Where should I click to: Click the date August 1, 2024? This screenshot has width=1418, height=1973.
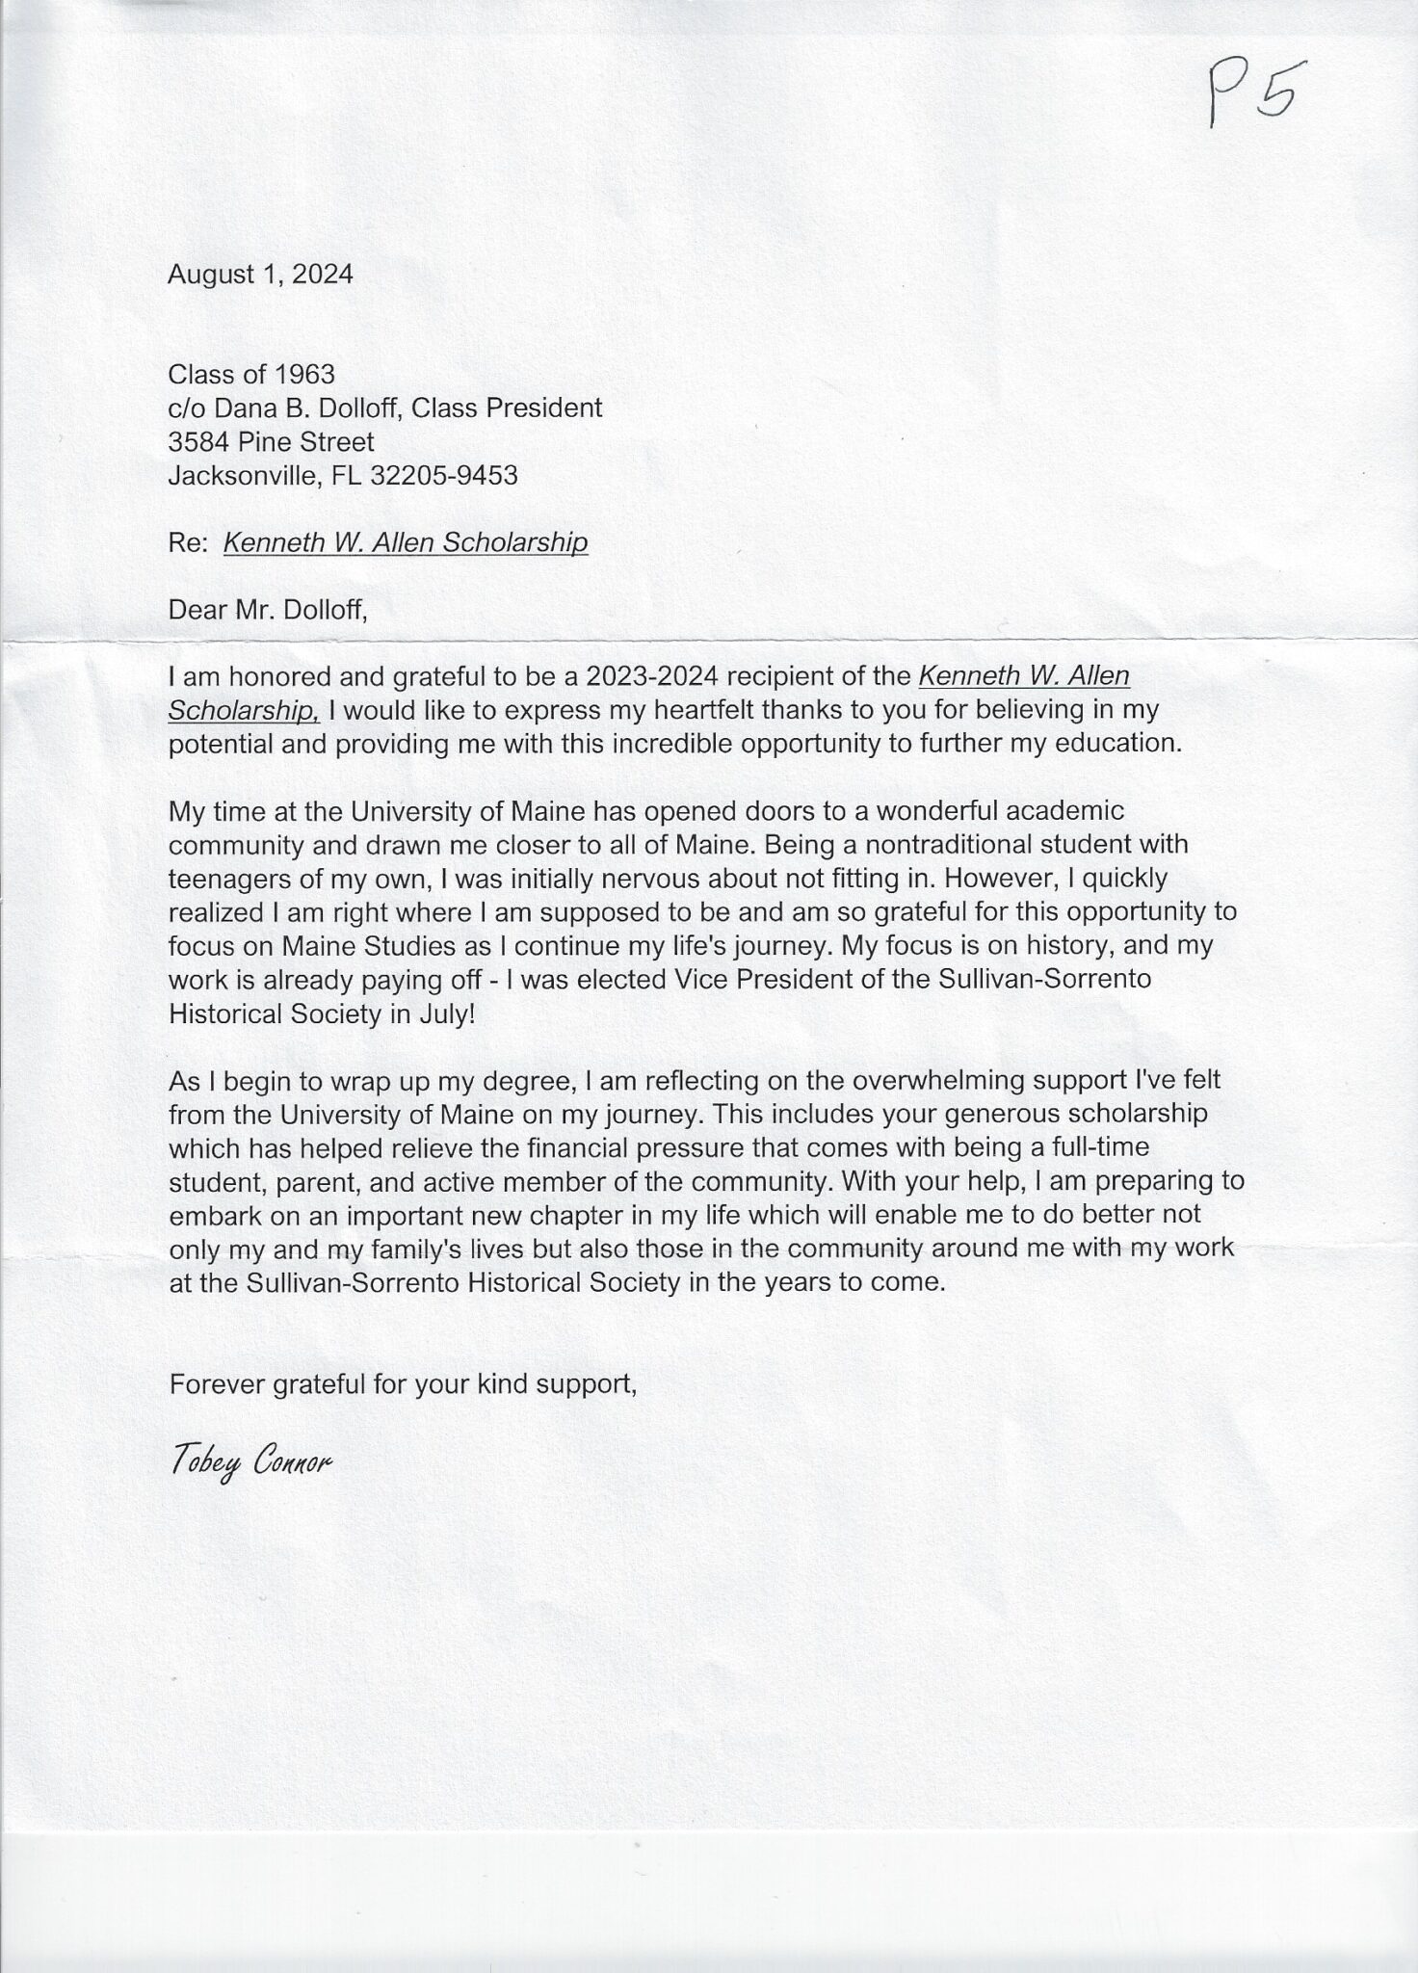point(260,275)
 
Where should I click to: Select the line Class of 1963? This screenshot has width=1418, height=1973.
point(251,374)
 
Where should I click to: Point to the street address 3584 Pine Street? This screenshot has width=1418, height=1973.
point(271,442)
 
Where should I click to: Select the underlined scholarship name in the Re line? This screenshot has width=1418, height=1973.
point(405,543)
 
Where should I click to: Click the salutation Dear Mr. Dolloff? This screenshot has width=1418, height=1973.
point(268,610)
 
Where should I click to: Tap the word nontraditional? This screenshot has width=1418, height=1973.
point(927,845)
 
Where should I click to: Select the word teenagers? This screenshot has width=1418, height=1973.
point(228,879)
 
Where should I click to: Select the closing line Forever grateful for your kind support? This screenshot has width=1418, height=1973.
point(403,1385)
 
